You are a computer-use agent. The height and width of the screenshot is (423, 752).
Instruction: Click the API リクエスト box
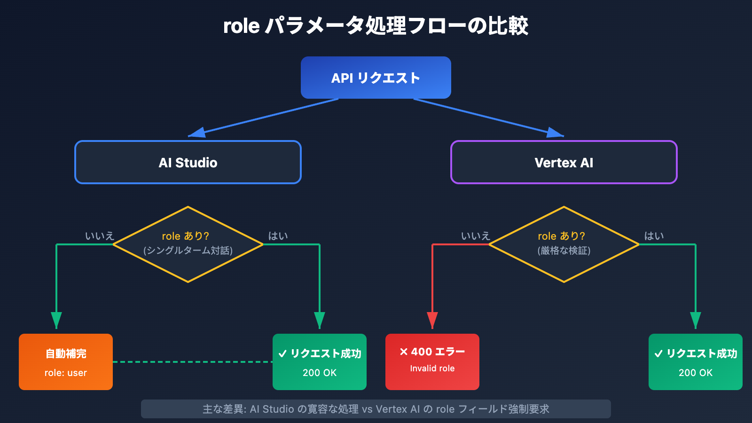click(x=376, y=78)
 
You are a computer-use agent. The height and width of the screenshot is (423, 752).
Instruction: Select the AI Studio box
click(x=188, y=162)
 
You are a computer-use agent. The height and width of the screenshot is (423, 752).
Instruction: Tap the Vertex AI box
click(x=564, y=162)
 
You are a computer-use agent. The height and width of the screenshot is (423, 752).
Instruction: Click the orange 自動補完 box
click(x=66, y=362)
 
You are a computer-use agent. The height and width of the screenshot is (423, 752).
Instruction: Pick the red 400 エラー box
click(x=432, y=362)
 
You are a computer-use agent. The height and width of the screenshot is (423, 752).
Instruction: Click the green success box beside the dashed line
click(x=320, y=362)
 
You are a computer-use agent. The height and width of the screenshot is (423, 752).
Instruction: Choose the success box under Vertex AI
click(x=696, y=362)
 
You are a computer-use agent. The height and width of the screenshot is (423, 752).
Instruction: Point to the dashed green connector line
click(x=193, y=362)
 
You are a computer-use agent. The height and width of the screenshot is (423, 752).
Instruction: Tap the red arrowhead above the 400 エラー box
click(x=432, y=320)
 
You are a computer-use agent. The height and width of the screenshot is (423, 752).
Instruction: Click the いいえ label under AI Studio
click(x=100, y=236)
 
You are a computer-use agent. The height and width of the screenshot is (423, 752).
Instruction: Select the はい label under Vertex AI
click(x=654, y=236)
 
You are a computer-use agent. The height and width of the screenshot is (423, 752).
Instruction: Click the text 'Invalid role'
click(x=432, y=368)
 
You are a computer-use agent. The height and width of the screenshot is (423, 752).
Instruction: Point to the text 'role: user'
click(x=66, y=373)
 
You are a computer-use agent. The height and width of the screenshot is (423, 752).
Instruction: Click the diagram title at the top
click(x=376, y=26)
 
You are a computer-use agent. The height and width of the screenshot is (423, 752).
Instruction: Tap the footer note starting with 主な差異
click(x=376, y=409)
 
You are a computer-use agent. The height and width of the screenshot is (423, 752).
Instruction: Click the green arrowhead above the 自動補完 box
click(x=56, y=320)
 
